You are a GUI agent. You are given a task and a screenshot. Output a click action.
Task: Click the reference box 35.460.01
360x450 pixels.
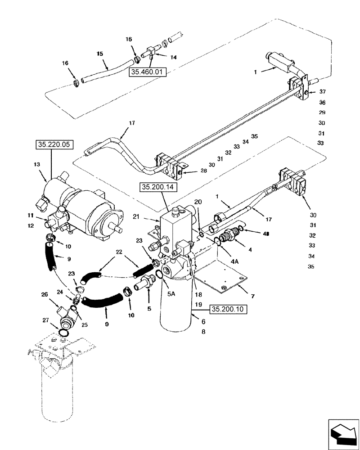pos(147,72)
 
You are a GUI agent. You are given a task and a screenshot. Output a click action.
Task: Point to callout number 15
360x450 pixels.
pos(100,54)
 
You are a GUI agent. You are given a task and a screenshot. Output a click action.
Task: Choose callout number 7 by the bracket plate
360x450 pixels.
pos(253,296)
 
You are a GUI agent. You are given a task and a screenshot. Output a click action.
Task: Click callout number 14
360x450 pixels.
pos(173,58)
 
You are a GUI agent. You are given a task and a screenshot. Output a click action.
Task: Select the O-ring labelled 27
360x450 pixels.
pos(64,332)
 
